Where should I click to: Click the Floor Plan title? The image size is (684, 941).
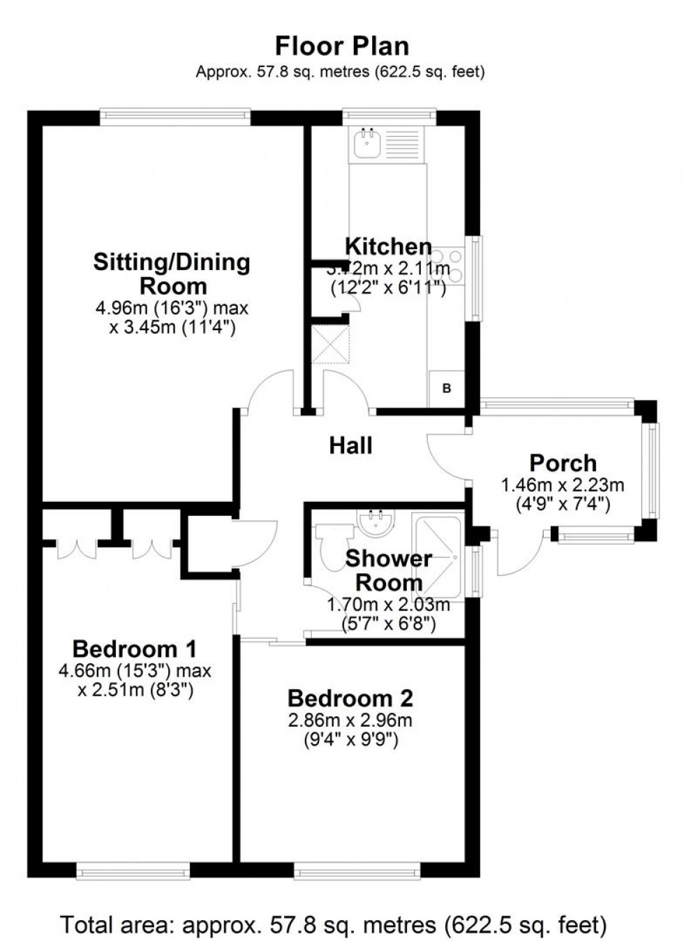click(341, 46)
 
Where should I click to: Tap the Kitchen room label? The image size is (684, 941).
click(388, 246)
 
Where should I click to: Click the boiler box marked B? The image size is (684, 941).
click(447, 388)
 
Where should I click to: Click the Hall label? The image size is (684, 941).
click(350, 445)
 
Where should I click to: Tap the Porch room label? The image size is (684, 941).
click(563, 463)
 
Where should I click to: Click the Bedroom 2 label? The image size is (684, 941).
click(350, 698)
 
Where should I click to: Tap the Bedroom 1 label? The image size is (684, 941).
click(134, 649)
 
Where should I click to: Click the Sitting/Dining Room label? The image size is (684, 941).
click(172, 274)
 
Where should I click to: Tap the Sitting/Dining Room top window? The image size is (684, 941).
click(174, 117)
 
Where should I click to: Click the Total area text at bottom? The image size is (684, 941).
click(334, 925)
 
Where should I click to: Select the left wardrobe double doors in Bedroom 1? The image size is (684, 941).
click(77, 548)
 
